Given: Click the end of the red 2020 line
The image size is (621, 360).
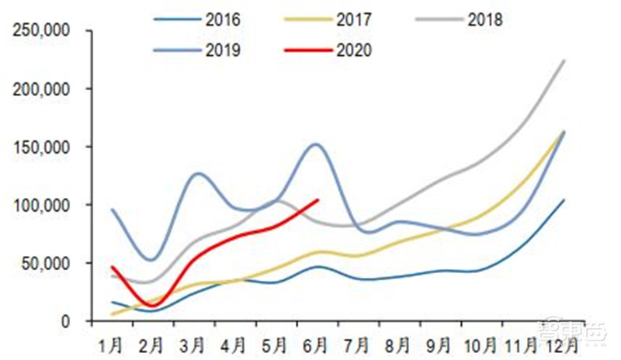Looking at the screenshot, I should [318, 199].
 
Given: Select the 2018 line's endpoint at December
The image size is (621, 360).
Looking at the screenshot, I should [564, 60].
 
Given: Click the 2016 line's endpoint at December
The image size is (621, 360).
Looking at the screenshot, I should [564, 199].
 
